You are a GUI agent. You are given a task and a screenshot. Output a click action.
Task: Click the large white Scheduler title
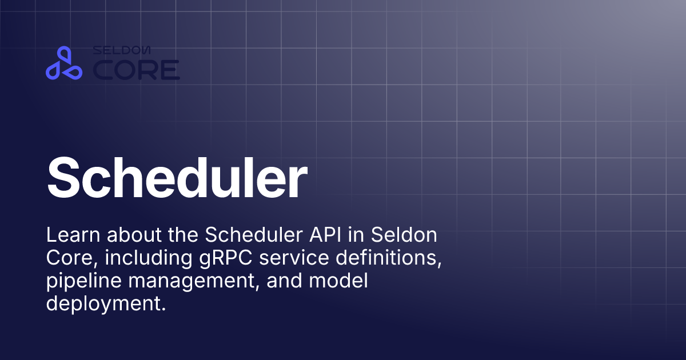pos(177,177)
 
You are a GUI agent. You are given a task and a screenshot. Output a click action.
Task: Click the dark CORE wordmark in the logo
pos(136,70)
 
